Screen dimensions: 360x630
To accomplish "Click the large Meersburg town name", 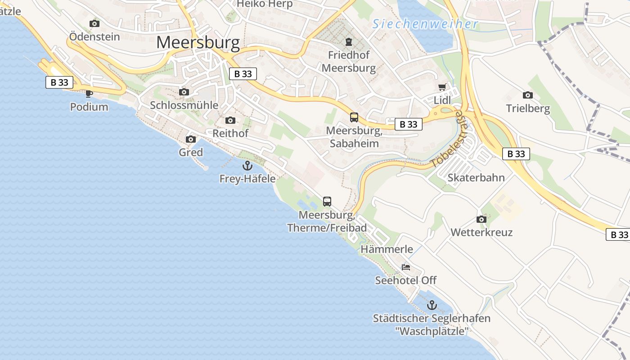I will coord(198,42).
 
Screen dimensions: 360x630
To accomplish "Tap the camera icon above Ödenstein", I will coord(94,23).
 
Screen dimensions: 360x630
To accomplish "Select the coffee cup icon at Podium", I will coord(89,94).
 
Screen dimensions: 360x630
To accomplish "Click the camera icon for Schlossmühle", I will coord(184,92).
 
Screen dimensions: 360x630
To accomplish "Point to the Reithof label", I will coord(230,133).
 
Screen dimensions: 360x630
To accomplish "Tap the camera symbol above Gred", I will coord(191,139).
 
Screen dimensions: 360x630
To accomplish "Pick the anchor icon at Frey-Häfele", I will coord(247,166).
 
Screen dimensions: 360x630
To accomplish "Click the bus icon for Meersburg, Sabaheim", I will coord(354,117).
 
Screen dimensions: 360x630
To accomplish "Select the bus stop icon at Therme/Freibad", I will coord(327,201).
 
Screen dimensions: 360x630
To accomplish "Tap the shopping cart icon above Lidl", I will coord(442,87).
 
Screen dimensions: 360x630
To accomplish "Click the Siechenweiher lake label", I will coord(425,24).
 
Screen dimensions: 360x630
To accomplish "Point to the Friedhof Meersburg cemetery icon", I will coord(349,42).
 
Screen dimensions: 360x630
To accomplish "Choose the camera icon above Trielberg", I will coord(528,95).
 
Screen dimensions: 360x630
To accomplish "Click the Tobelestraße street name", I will coord(446,140).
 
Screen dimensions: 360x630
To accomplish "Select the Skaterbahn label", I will coord(476,177).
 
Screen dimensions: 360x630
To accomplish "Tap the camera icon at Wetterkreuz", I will coord(481,219).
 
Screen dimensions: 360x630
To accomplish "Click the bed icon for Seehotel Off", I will coord(406,267).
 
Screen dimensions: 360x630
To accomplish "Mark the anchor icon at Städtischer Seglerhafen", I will coord(432,305).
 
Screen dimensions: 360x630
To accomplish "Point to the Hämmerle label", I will coord(387,249).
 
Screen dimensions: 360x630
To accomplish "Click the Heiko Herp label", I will coord(265,4).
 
